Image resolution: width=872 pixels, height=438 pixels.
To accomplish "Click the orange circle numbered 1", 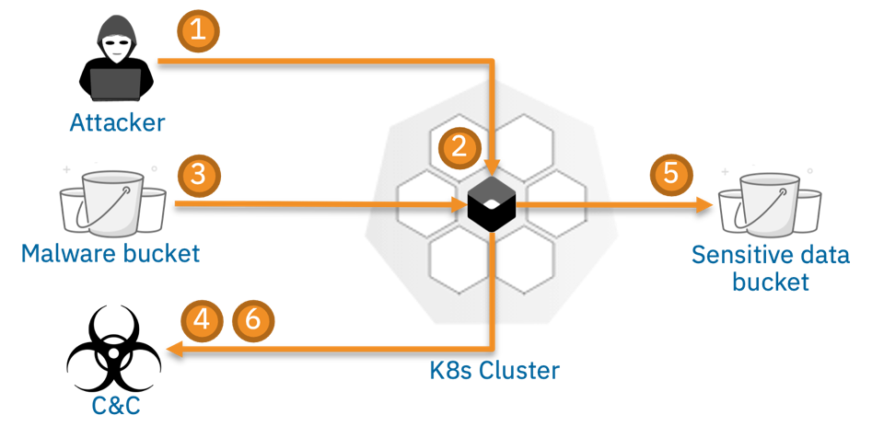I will (199, 30).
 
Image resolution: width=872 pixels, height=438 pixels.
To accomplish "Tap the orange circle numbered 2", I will (458, 145).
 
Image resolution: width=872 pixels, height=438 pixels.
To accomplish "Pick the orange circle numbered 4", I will (202, 319).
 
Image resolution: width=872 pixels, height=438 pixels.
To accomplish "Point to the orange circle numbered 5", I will (669, 174).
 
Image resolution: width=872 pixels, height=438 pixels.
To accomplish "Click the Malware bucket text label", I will (110, 252).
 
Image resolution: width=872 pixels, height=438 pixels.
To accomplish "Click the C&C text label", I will (116, 404).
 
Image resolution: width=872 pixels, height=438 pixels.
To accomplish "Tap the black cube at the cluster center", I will (494, 203).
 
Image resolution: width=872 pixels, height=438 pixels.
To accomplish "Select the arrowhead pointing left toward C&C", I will (174, 349).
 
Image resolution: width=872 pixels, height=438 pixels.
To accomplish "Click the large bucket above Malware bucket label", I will (112, 203).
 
